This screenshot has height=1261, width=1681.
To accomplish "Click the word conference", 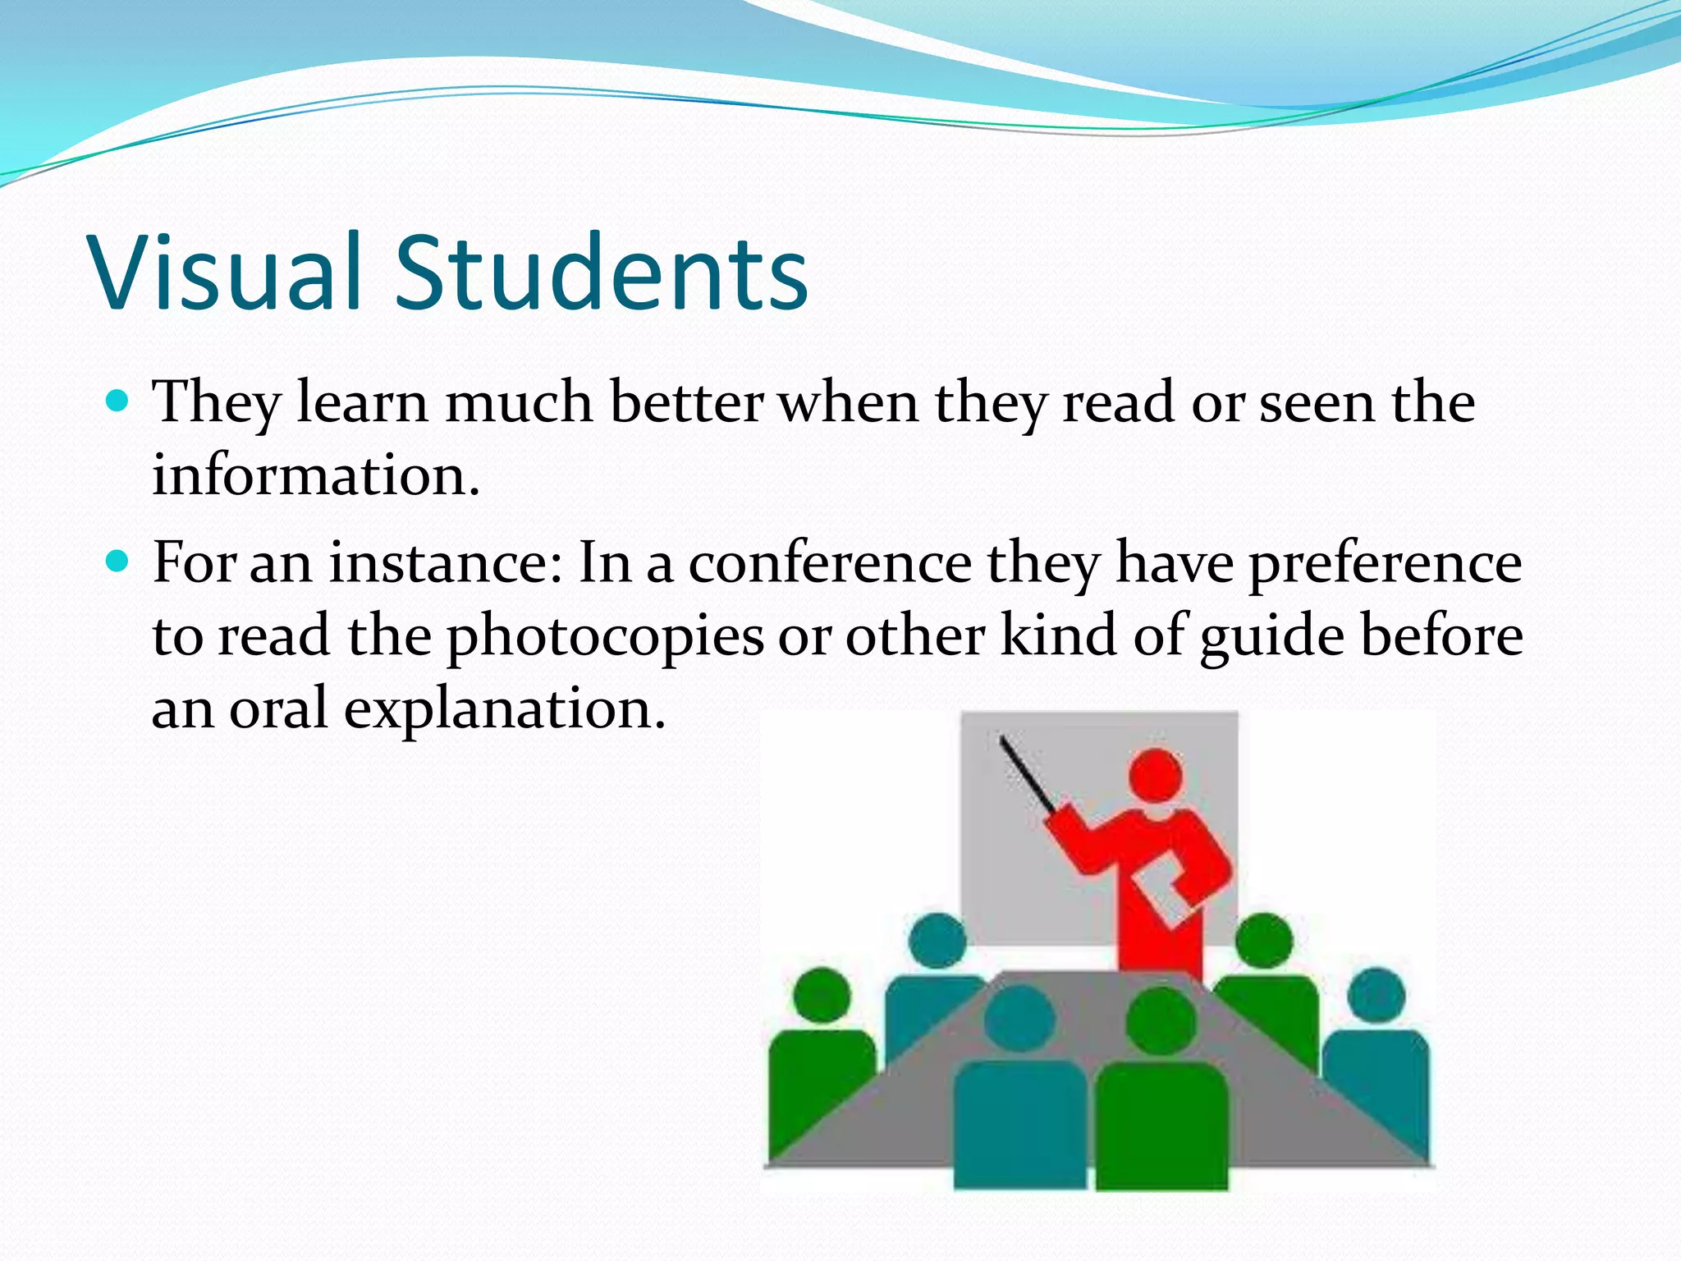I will tap(830, 563).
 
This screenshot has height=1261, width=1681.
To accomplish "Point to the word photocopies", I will tap(605, 637).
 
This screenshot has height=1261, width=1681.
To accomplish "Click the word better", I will tap(687, 402).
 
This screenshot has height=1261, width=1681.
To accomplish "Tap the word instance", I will tap(447, 563).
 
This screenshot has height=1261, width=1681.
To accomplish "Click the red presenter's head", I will tap(1156, 774).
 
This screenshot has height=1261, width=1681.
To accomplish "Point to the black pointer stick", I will tap(1025, 773).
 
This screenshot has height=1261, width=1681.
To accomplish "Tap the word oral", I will tap(278, 708).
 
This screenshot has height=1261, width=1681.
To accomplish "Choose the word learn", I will tap(362, 402).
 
